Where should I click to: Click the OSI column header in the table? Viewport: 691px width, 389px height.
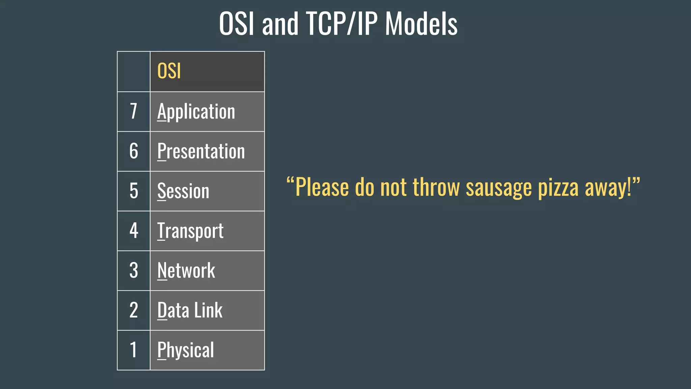[169, 71]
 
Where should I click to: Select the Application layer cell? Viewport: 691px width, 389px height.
[196, 111]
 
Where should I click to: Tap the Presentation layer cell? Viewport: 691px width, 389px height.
[201, 151]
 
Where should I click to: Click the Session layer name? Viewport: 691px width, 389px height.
[183, 191]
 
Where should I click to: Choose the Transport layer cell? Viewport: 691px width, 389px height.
[190, 231]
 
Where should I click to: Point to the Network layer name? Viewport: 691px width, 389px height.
[186, 270]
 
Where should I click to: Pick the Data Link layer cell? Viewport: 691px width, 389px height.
[190, 310]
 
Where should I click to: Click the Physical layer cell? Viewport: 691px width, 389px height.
[186, 350]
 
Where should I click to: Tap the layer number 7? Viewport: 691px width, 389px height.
[134, 111]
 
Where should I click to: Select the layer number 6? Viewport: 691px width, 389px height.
[134, 151]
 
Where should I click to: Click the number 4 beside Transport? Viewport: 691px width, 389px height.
[134, 231]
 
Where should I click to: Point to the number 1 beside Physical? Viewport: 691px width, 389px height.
[134, 350]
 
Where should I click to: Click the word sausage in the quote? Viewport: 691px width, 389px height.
[499, 188]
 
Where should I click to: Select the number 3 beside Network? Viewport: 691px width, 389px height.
[134, 270]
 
